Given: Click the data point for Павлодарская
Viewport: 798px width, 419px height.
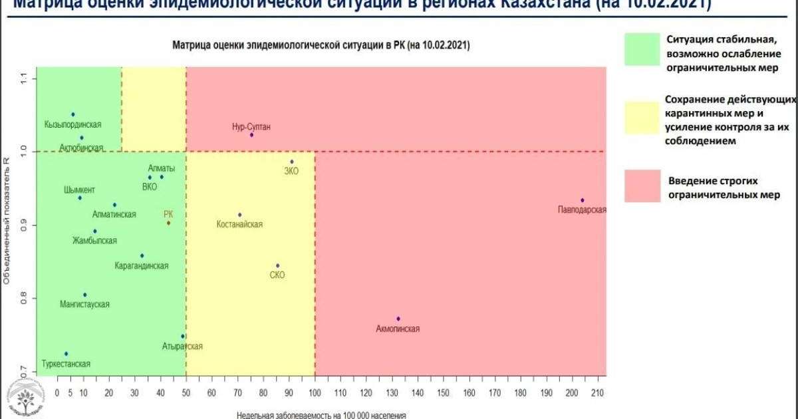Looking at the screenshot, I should click(x=582, y=200).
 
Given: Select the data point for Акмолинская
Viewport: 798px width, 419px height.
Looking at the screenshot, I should click(x=398, y=319).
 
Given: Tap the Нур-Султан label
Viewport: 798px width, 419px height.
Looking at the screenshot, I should click(x=251, y=126).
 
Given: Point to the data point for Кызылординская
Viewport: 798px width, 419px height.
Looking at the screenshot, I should click(x=73, y=114).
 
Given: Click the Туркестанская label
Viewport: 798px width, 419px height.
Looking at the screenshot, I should click(x=66, y=364).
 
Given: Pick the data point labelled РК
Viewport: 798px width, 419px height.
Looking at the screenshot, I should click(x=168, y=223).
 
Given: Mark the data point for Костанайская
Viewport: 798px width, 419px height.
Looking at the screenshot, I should click(x=240, y=215).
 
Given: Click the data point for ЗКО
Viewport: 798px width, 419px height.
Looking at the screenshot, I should click(x=291, y=162).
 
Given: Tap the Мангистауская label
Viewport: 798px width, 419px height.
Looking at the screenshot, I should click(x=84, y=304).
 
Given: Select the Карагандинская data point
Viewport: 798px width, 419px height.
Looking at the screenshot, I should click(x=142, y=255).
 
